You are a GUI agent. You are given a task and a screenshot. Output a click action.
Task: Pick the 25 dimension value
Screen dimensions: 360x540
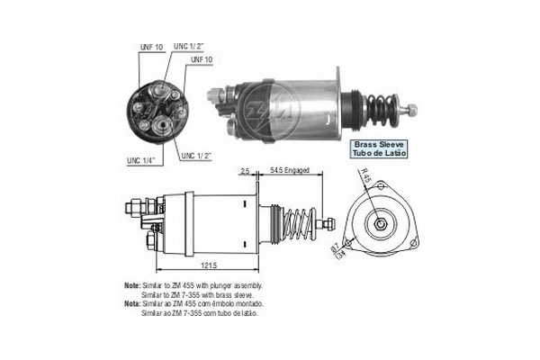(x=245, y=168)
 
